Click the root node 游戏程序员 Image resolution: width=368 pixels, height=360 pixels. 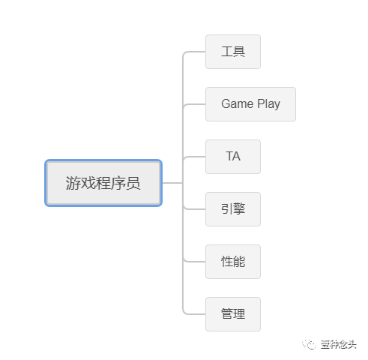[x=103, y=183]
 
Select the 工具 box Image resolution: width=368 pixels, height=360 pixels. [x=233, y=52]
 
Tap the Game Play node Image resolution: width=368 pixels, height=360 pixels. [x=250, y=104]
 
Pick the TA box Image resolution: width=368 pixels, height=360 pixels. [x=233, y=157]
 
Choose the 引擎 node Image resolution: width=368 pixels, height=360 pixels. [x=233, y=209]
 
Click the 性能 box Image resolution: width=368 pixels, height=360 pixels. [x=233, y=262]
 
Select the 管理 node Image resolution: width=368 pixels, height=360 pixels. [x=233, y=314]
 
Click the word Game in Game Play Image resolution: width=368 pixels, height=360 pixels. [x=238, y=103]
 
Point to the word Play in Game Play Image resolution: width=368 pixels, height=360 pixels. [x=269, y=104]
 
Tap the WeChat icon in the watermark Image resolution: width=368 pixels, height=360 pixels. [x=310, y=344]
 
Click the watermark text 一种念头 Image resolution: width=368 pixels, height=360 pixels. [x=339, y=344]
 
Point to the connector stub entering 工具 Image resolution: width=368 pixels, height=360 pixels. [x=194, y=52]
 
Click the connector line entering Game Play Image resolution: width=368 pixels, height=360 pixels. [x=194, y=104]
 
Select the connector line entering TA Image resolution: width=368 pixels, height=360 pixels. [x=194, y=157]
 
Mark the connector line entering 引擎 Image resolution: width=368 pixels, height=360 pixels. [x=194, y=209]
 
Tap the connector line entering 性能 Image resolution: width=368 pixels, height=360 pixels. [x=194, y=262]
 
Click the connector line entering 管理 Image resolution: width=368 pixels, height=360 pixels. [x=194, y=314]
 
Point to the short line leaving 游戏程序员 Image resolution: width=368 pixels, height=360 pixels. [x=172, y=183]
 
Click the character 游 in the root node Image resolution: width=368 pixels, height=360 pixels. [x=73, y=183]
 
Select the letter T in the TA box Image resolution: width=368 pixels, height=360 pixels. [x=229, y=156]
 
